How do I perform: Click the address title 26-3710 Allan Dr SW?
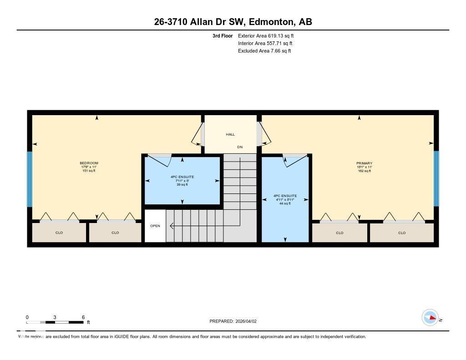click(x=233, y=22)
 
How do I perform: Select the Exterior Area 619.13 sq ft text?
click(x=269, y=35)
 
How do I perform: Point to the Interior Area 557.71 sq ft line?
click(x=265, y=43)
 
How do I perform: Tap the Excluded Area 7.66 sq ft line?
click(x=264, y=51)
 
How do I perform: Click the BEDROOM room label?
click(x=89, y=163)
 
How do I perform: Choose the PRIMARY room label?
click(x=364, y=163)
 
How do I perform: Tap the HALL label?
click(x=230, y=134)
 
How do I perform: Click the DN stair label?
click(x=240, y=147)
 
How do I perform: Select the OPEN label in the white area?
click(x=155, y=226)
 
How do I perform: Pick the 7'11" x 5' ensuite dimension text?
click(x=182, y=181)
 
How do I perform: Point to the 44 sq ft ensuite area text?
click(x=285, y=203)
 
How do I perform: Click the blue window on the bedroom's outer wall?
click(x=30, y=179)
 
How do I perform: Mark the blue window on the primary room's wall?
click(x=436, y=178)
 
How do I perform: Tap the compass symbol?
click(x=430, y=317)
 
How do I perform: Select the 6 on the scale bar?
click(x=83, y=317)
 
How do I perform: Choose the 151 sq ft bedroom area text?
click(x=89, y=171)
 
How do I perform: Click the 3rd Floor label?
click(x=223, y=35)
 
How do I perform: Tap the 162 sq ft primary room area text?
click(x=364, y=171)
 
